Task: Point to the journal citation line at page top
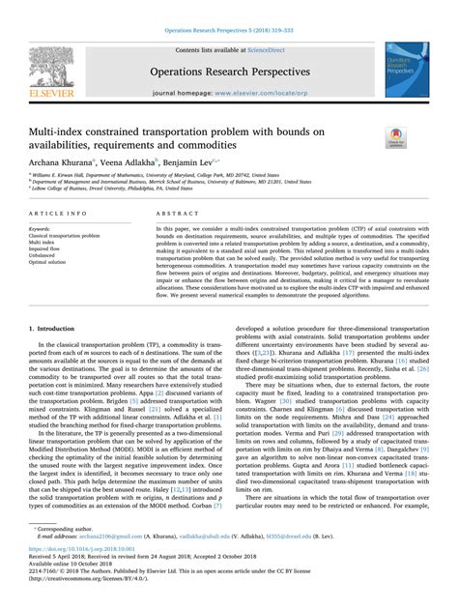[x=229, y=32]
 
